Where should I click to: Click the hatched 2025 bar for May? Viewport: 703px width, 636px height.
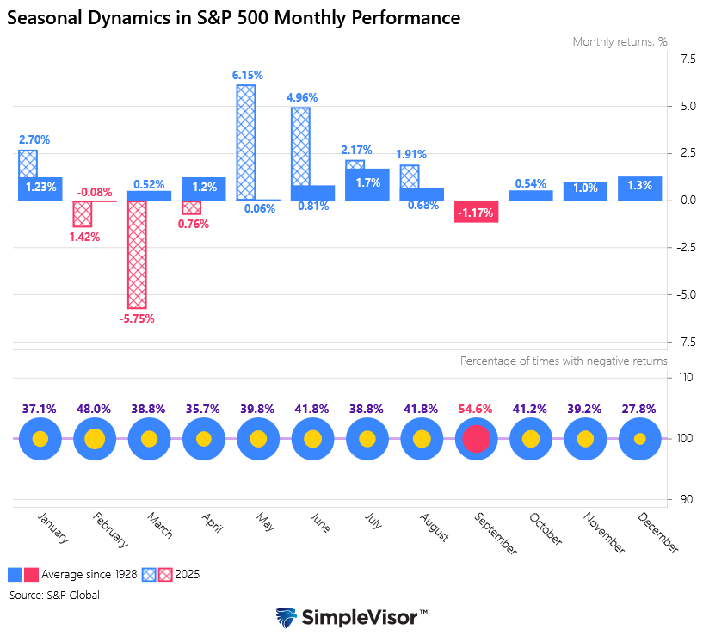tap(246, 142)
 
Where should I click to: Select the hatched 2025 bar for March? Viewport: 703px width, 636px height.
tap(137, 254)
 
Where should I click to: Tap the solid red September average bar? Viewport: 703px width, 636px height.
tap(476, 212)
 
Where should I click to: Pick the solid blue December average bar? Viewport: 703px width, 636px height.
tap(639, 188)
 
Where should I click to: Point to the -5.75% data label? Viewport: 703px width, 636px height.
tap(137, 318)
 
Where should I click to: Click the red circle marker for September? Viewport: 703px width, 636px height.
tap(476, 439)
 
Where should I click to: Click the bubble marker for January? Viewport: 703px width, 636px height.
tap(40, 439)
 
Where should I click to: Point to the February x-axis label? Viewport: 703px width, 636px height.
tap(110, 530)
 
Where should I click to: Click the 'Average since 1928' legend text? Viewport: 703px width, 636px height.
tap(89, 574)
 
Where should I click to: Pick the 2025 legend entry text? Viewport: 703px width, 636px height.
tap(187, 574)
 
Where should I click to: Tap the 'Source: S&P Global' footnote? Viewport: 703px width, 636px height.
tap(55, 595)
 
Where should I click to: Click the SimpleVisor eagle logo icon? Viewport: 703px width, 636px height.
tap(287, 618)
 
